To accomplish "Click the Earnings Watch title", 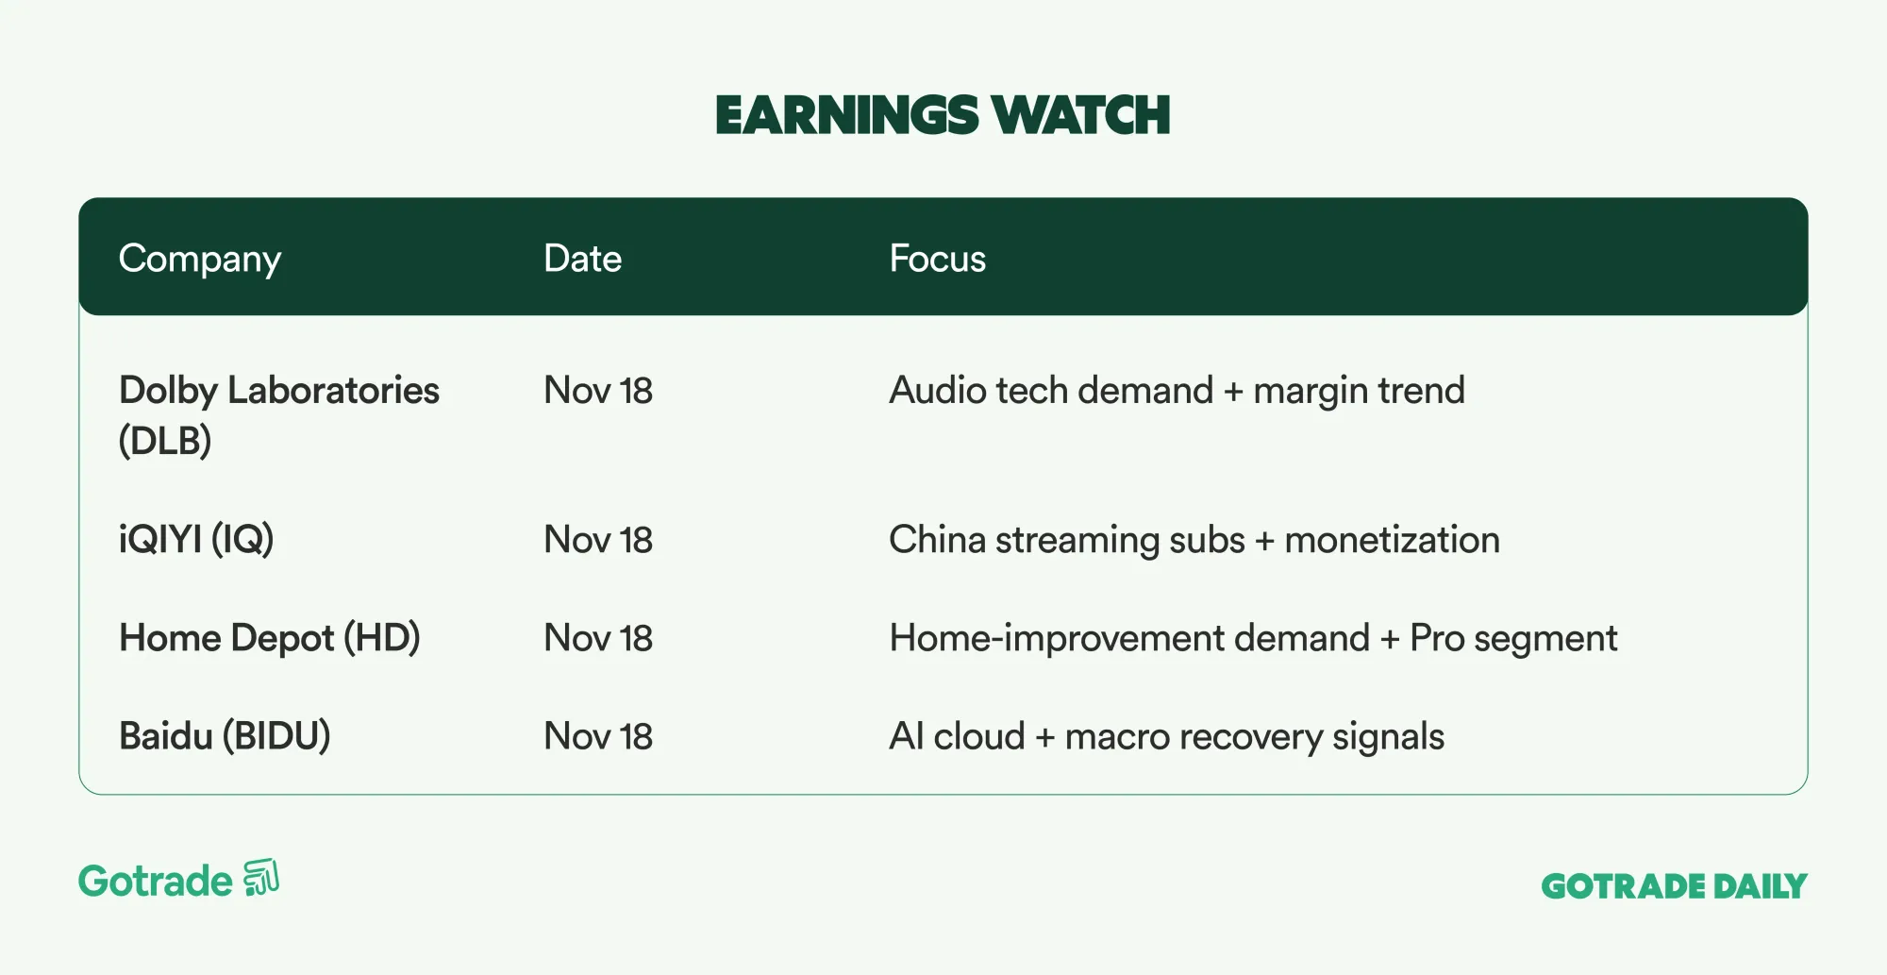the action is [943, 115].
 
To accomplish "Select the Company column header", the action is [200, 260].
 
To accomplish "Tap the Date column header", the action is [583, 259].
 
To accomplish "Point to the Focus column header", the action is [938, 259].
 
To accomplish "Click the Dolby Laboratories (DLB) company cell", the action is [279, 415].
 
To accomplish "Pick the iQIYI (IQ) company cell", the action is [196, 540].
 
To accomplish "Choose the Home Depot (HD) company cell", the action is [270, 638].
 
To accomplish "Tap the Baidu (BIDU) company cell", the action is [225, 736].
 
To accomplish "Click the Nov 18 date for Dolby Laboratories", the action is [598, 391].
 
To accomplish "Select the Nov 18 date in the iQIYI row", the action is [598, 540].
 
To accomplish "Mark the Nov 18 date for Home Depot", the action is [598, 638].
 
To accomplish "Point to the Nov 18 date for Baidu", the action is [598, 736].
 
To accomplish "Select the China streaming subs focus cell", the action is [1194, 540].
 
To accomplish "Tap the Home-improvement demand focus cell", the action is [1254, 639].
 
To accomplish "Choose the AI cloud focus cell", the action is [1167, 737].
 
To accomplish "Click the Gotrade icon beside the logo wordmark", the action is [261, 878].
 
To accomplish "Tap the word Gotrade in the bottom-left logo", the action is [156, 882].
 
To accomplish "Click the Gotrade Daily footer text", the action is [1675, 886].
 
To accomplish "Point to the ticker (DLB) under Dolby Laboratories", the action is [165, 441].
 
